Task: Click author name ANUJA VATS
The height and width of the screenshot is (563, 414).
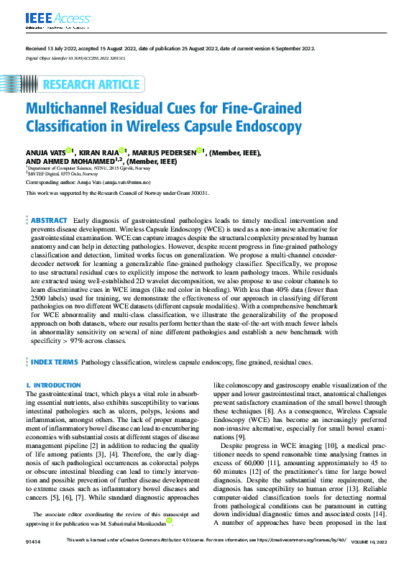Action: click(45, 152)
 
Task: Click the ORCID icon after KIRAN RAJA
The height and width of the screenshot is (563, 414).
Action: click(123, 151)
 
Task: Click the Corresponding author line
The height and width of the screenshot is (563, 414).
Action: click(103, 183)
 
